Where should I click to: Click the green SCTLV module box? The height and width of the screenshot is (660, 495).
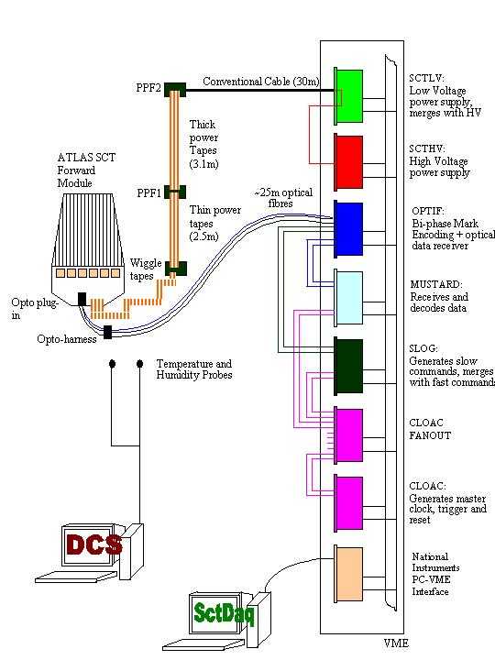349,96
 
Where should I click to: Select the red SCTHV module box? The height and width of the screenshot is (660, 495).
349,162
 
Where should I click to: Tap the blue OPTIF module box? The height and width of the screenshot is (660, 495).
349,229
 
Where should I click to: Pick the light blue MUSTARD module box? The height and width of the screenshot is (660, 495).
349,298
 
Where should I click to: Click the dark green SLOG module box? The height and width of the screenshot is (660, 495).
349,366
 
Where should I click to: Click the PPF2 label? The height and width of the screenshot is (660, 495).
148,88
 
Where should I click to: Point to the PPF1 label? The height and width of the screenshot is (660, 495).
149,193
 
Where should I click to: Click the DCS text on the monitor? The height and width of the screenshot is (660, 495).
93,545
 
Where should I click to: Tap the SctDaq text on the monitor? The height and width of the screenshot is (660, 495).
224,613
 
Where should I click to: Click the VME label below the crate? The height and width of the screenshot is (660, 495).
396,643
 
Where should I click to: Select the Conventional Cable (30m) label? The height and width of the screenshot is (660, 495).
261,82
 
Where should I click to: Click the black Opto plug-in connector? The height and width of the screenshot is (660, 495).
82,299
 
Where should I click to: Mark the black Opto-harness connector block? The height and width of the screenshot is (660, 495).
108,332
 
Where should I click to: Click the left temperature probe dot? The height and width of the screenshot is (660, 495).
112,363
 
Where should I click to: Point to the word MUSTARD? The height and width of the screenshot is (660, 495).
436,285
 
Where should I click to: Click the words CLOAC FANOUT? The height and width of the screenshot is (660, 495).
430,429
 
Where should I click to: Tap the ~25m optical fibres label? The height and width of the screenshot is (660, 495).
283,198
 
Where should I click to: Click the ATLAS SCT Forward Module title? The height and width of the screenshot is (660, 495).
86,170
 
